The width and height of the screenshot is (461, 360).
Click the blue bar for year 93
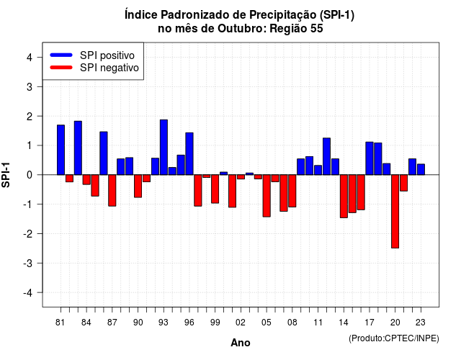pos(164,147)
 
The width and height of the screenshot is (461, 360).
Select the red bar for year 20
pos(395,211)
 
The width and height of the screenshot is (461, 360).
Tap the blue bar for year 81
pos(61,150)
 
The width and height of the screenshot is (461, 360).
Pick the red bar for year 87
pos(112,190)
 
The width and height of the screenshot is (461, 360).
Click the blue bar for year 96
pos(189,153)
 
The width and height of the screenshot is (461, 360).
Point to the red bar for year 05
pos(267,196)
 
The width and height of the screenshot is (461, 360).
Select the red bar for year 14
pos(344,197)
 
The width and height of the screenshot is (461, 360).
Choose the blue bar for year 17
pos(370,158)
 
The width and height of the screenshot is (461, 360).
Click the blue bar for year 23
pos(421,169)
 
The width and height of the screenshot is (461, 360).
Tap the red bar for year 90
pos(138,186)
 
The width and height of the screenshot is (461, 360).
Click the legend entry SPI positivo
pos(107,55)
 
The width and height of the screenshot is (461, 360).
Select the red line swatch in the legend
pos(61,68)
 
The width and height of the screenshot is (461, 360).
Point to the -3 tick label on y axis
pos(28,263)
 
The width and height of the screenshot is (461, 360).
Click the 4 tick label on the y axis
pos(30,57)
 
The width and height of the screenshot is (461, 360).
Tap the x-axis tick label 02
pos(241,323)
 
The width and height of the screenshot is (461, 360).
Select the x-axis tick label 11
pos(318,323)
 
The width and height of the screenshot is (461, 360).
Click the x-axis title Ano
pos(241,343)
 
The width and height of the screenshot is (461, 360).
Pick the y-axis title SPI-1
pos(6,175)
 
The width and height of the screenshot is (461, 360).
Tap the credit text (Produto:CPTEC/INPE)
pos(394,338)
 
